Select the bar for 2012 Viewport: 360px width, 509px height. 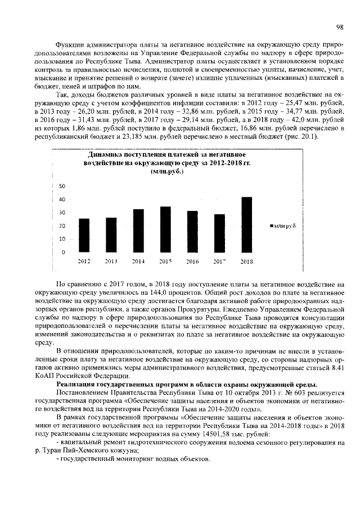point(84,235)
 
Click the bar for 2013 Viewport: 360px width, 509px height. point(111,234)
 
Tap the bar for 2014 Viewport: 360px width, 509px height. point(138,230)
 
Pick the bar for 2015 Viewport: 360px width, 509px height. point(165,229)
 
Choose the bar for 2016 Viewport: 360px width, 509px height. point(192,231)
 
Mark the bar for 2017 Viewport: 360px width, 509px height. point(219,233)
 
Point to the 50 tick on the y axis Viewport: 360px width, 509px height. point(62,186)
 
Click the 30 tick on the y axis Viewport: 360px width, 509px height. point(62,213)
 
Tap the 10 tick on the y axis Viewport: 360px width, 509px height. point(62,239)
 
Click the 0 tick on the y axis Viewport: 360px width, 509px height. point(64,253)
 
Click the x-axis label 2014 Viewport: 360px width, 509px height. point(138,262)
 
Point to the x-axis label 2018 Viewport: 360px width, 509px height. point(246,262)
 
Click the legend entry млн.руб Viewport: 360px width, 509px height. point(285,225)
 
